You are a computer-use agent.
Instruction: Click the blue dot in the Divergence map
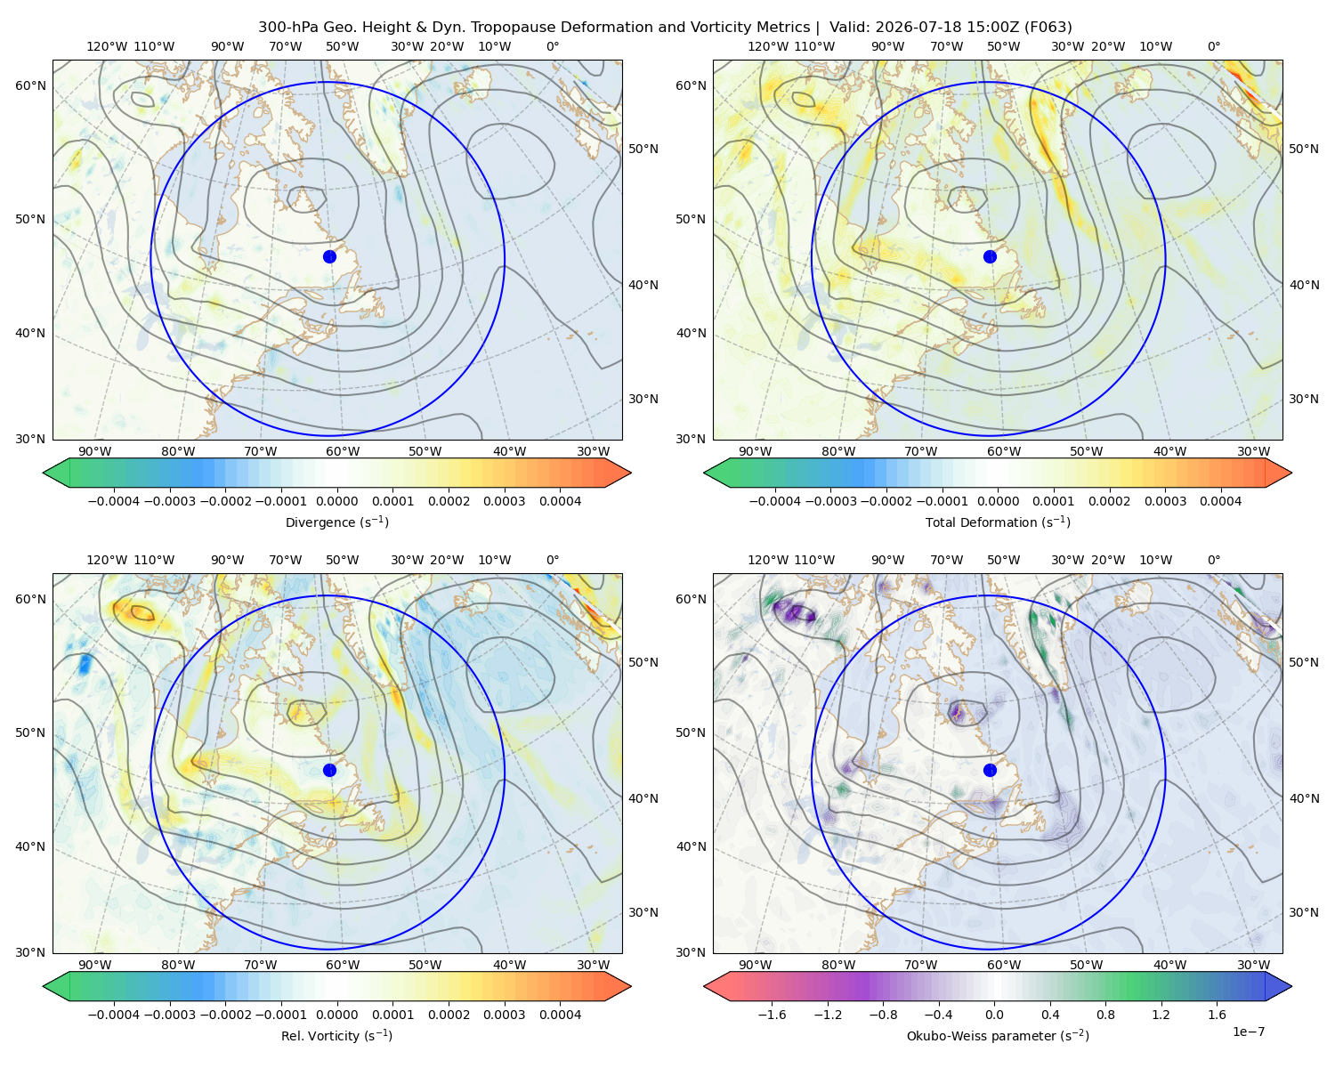coord(329,256)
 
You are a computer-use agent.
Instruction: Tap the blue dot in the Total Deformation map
coord(990,256)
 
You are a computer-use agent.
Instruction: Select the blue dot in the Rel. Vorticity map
coord(329,770)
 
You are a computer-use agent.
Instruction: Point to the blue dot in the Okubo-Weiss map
coord(990,770)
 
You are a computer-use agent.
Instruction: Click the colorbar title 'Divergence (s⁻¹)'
coord(336,522)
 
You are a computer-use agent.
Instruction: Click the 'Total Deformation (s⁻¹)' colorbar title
coord(998,522)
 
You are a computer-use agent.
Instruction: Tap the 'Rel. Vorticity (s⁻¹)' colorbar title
coord(336,1035)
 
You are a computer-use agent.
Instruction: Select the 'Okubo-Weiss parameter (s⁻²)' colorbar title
coord(998,1035)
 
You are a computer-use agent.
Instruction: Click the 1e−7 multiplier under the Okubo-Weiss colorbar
coord(1248,1032)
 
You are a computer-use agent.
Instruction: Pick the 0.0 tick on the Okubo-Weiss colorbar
coord(994,1015)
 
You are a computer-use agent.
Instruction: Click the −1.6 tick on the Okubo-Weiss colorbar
coord(772,1015)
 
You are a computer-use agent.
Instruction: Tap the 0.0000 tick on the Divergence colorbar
coord(336,501)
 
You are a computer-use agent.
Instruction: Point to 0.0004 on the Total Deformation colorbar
coord(1220,501)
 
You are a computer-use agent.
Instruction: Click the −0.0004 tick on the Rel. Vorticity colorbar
coord(114,1015)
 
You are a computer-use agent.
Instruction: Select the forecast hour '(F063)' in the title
coord(1048,28)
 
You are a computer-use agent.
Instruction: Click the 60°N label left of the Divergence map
coord(30,85)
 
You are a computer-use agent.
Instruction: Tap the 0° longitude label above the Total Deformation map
coord(1213,46)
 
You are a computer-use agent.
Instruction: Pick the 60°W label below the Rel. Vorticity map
coord(343,965)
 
